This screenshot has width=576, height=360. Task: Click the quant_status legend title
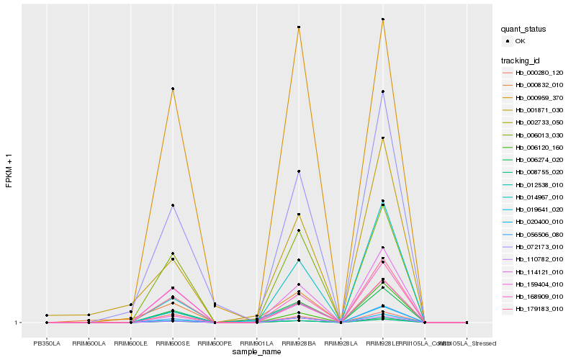click(x=524, y=30)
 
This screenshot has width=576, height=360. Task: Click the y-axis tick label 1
click(x=17, y=323)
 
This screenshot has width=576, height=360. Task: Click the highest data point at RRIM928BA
click(x=299, y=27)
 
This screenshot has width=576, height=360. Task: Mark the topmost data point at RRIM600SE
click(x=173, y=89)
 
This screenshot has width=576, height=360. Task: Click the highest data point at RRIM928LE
click(x=383, y=19)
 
